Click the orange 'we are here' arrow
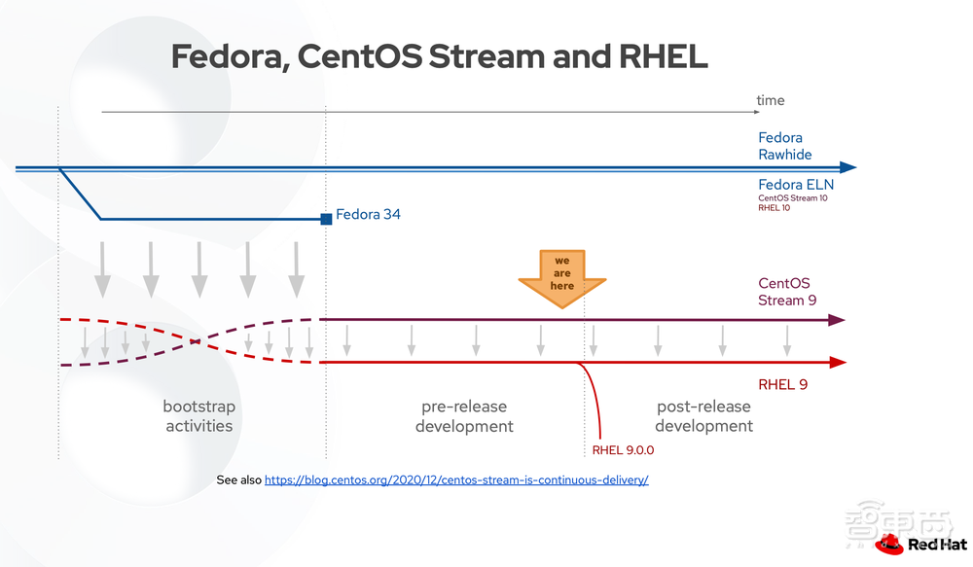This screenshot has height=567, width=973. pyautogui.click(x=562, y=275)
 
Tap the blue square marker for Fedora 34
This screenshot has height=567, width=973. pyautogui.click(x=326, y=219)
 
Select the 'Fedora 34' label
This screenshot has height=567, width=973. pyautogui.click(x=368, y=214)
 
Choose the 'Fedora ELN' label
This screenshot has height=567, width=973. pyautogui.click(x=795, y=185)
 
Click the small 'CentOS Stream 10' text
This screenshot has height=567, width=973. pyautogui.click(x=792, y=198)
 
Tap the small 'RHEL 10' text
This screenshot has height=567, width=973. pyautogui.click(x=775, y=208)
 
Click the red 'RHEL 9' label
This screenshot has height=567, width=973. pyautogui.click(x=782, y=384)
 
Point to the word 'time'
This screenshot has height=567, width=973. pyautogui.click(x=770, y=100)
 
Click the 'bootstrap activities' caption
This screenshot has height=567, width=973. pyautogui.click(x=198, y=415)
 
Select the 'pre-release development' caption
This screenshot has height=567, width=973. pyautogui.click(x=464, y=416)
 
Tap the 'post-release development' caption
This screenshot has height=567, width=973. pyautogui.click(x=703, y=416)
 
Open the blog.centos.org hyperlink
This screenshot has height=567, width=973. pyautogui.click(x=455, y=480)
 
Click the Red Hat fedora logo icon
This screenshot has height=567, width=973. pyautogui.click(x=889, y=543)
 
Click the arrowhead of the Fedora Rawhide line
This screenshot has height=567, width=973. pyautogui.click(x=847, y=167)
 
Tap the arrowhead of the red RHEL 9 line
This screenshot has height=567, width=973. pyautogui.click(x=836, y=363)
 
